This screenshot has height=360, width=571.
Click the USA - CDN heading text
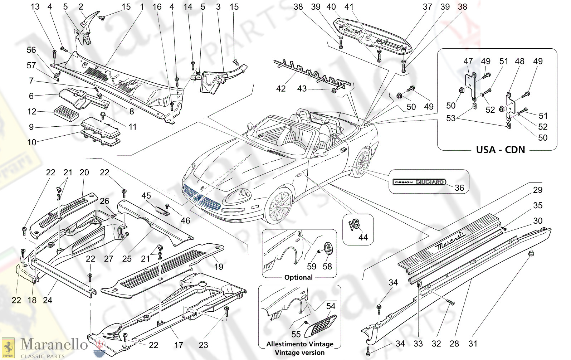click(x=500, y=150)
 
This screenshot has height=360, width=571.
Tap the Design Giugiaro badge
click(x=419, y=182)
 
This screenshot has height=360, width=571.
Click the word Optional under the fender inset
click(x=298, y=277)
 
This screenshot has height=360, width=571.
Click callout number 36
click(x=459, y=188)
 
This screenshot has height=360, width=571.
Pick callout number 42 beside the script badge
click(x=281, y=88)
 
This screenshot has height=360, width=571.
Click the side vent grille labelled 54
click(x=320, y=326)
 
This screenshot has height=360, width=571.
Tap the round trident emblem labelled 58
click(x=328, y=248)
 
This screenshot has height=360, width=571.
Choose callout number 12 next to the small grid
click(x=32, y=111)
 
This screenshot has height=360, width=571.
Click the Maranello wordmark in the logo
click(x=54, y=345)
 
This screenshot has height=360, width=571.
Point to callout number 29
click(x=537, y=190)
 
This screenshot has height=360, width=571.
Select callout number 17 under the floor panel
click(x=179, y=345)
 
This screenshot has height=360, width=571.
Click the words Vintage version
click(x=300, y=352)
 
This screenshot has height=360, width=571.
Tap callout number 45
click(x=146, y=196)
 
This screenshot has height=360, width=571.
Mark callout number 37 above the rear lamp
click(x=427, y=7)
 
